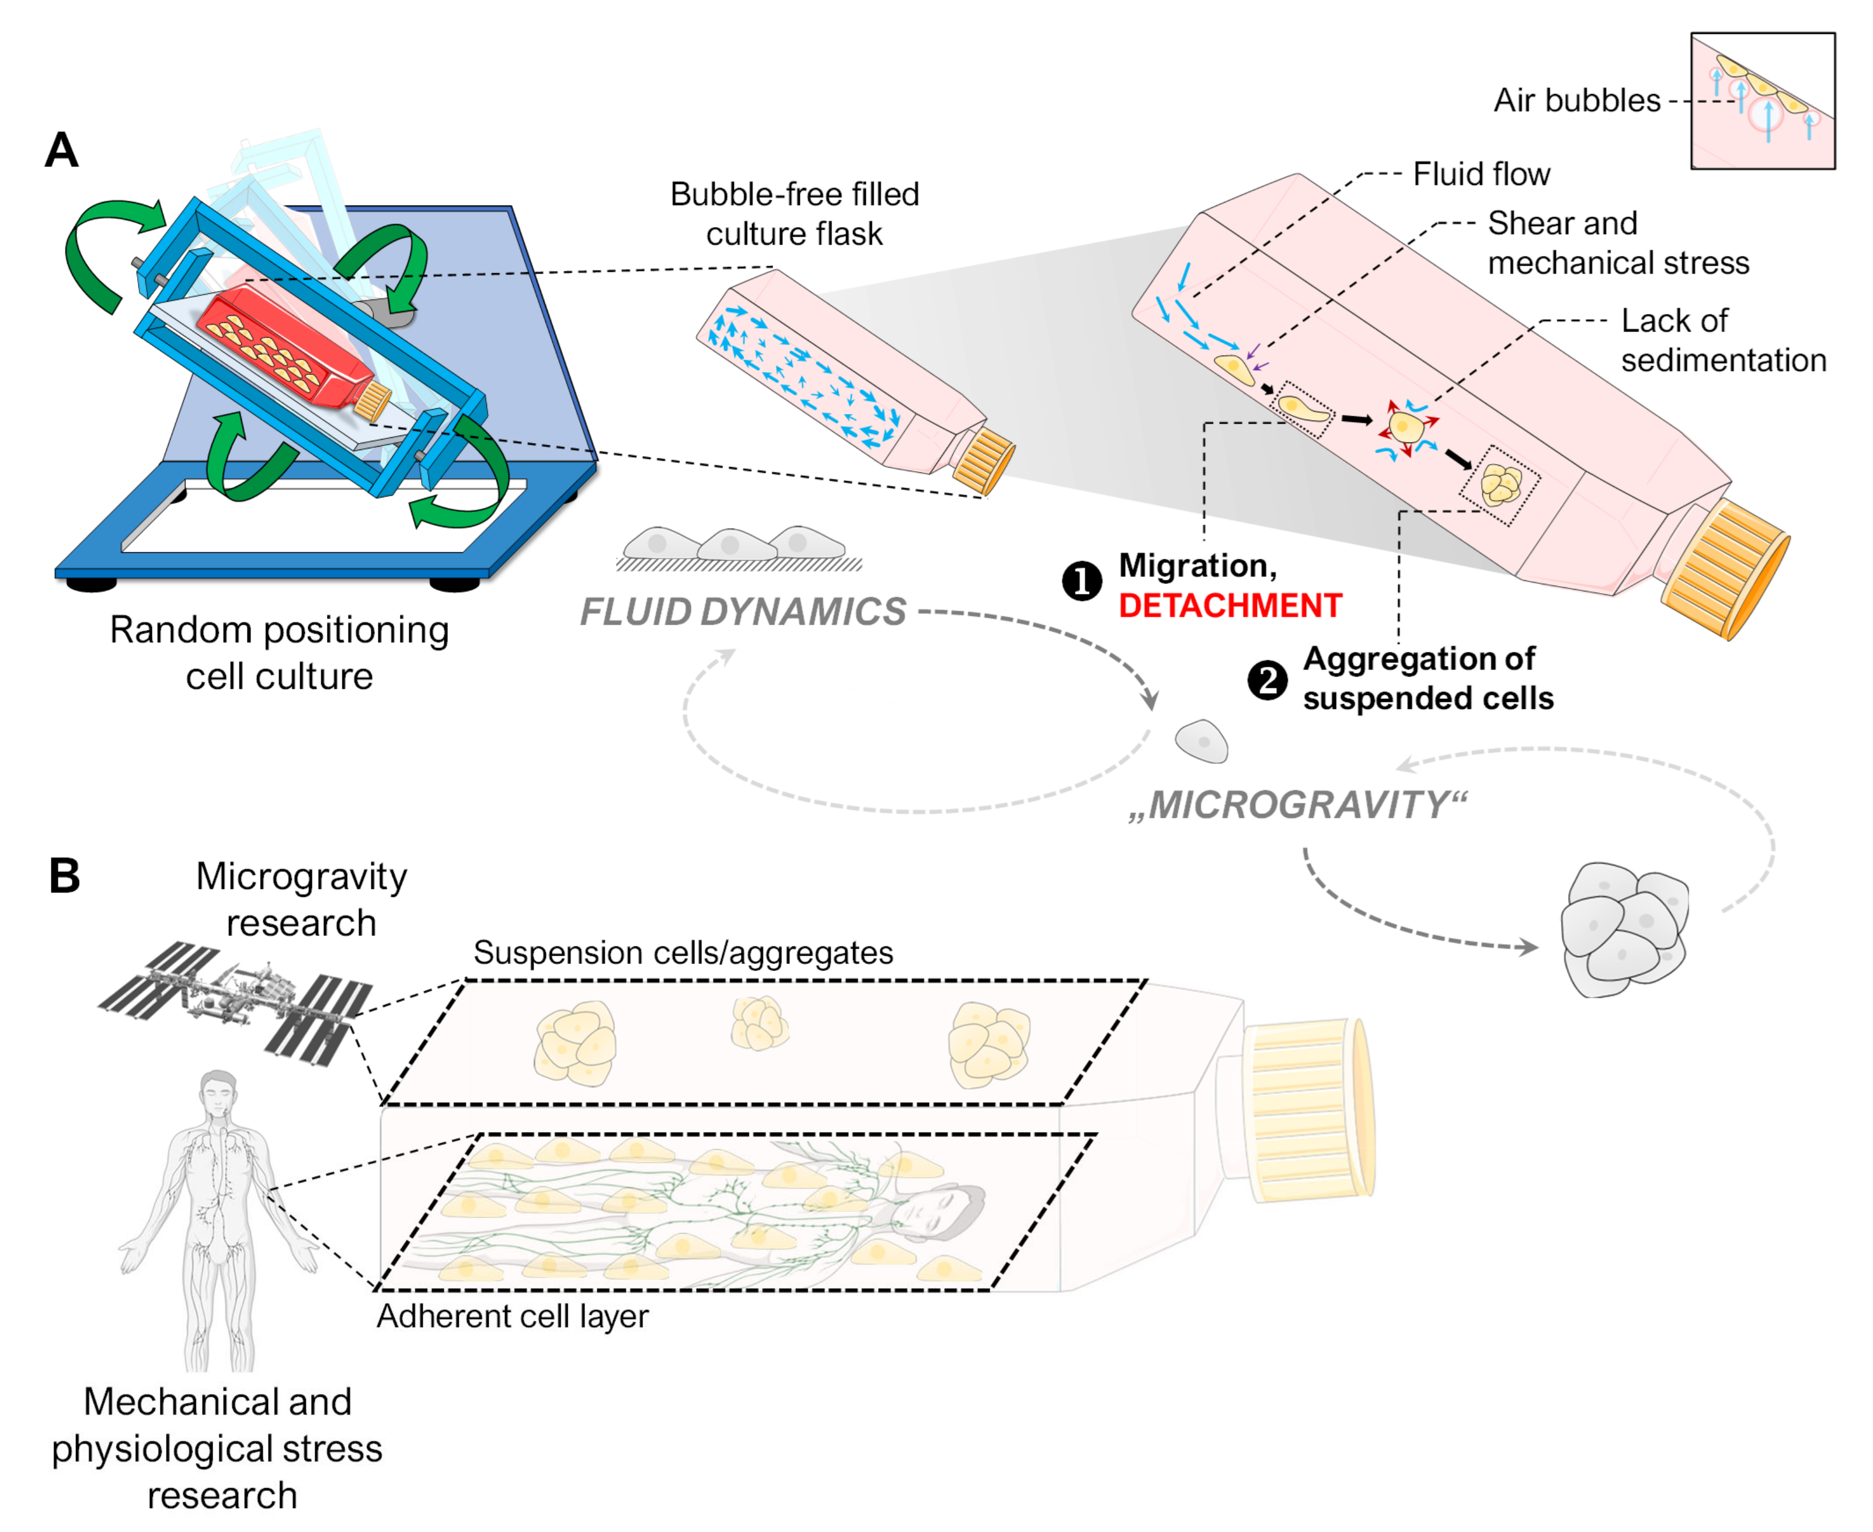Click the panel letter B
64,876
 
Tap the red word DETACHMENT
1230,606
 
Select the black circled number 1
1081,582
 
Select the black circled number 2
1266,680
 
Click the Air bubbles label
1576,100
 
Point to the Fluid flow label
1481,174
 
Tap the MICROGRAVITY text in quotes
1297,805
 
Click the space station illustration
234,1002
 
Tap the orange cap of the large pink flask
1726,569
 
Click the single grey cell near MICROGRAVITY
1202,741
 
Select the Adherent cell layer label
512,1317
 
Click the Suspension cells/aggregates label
683,953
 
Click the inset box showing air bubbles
1762,100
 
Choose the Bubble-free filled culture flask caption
795,214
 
